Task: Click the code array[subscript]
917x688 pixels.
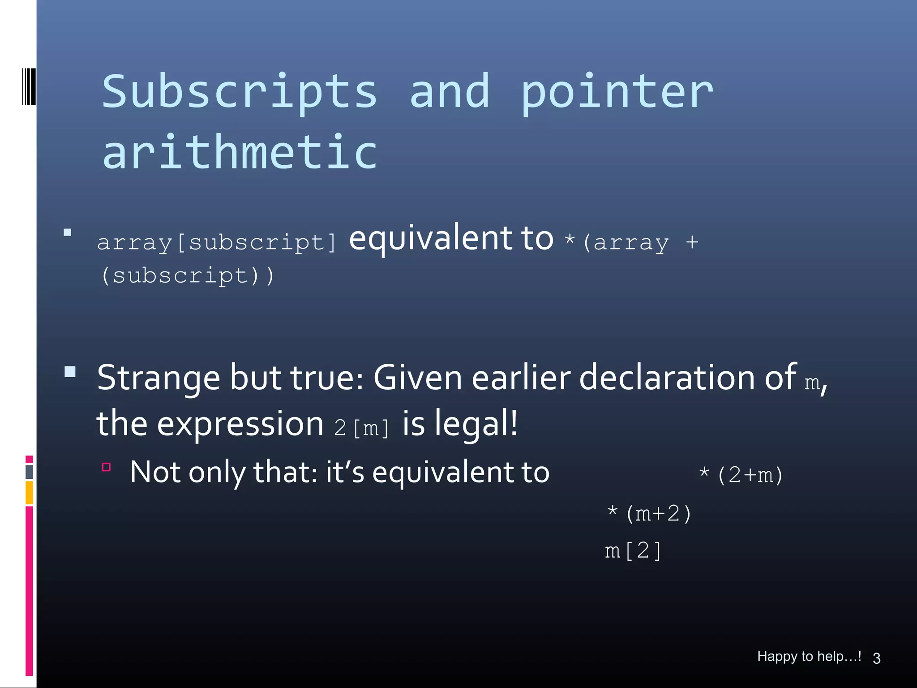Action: tap(216, 242)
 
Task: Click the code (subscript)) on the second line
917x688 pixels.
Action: tap(187, 275)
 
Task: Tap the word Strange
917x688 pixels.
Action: tap(159, 378)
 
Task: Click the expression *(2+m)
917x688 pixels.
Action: tap(741, 475)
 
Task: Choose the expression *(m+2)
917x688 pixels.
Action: tap(649, 513)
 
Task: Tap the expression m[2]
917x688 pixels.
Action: tap(633, 550)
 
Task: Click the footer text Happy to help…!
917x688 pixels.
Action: tap(809, 656)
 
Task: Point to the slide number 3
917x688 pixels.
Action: tap(876, 658)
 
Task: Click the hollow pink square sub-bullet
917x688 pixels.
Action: tap(106, 467)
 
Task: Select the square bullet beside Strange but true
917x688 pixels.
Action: tap(70, 372)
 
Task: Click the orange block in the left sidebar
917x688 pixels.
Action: tap(29, 492)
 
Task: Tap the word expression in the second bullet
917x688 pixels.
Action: tap(240, 423)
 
